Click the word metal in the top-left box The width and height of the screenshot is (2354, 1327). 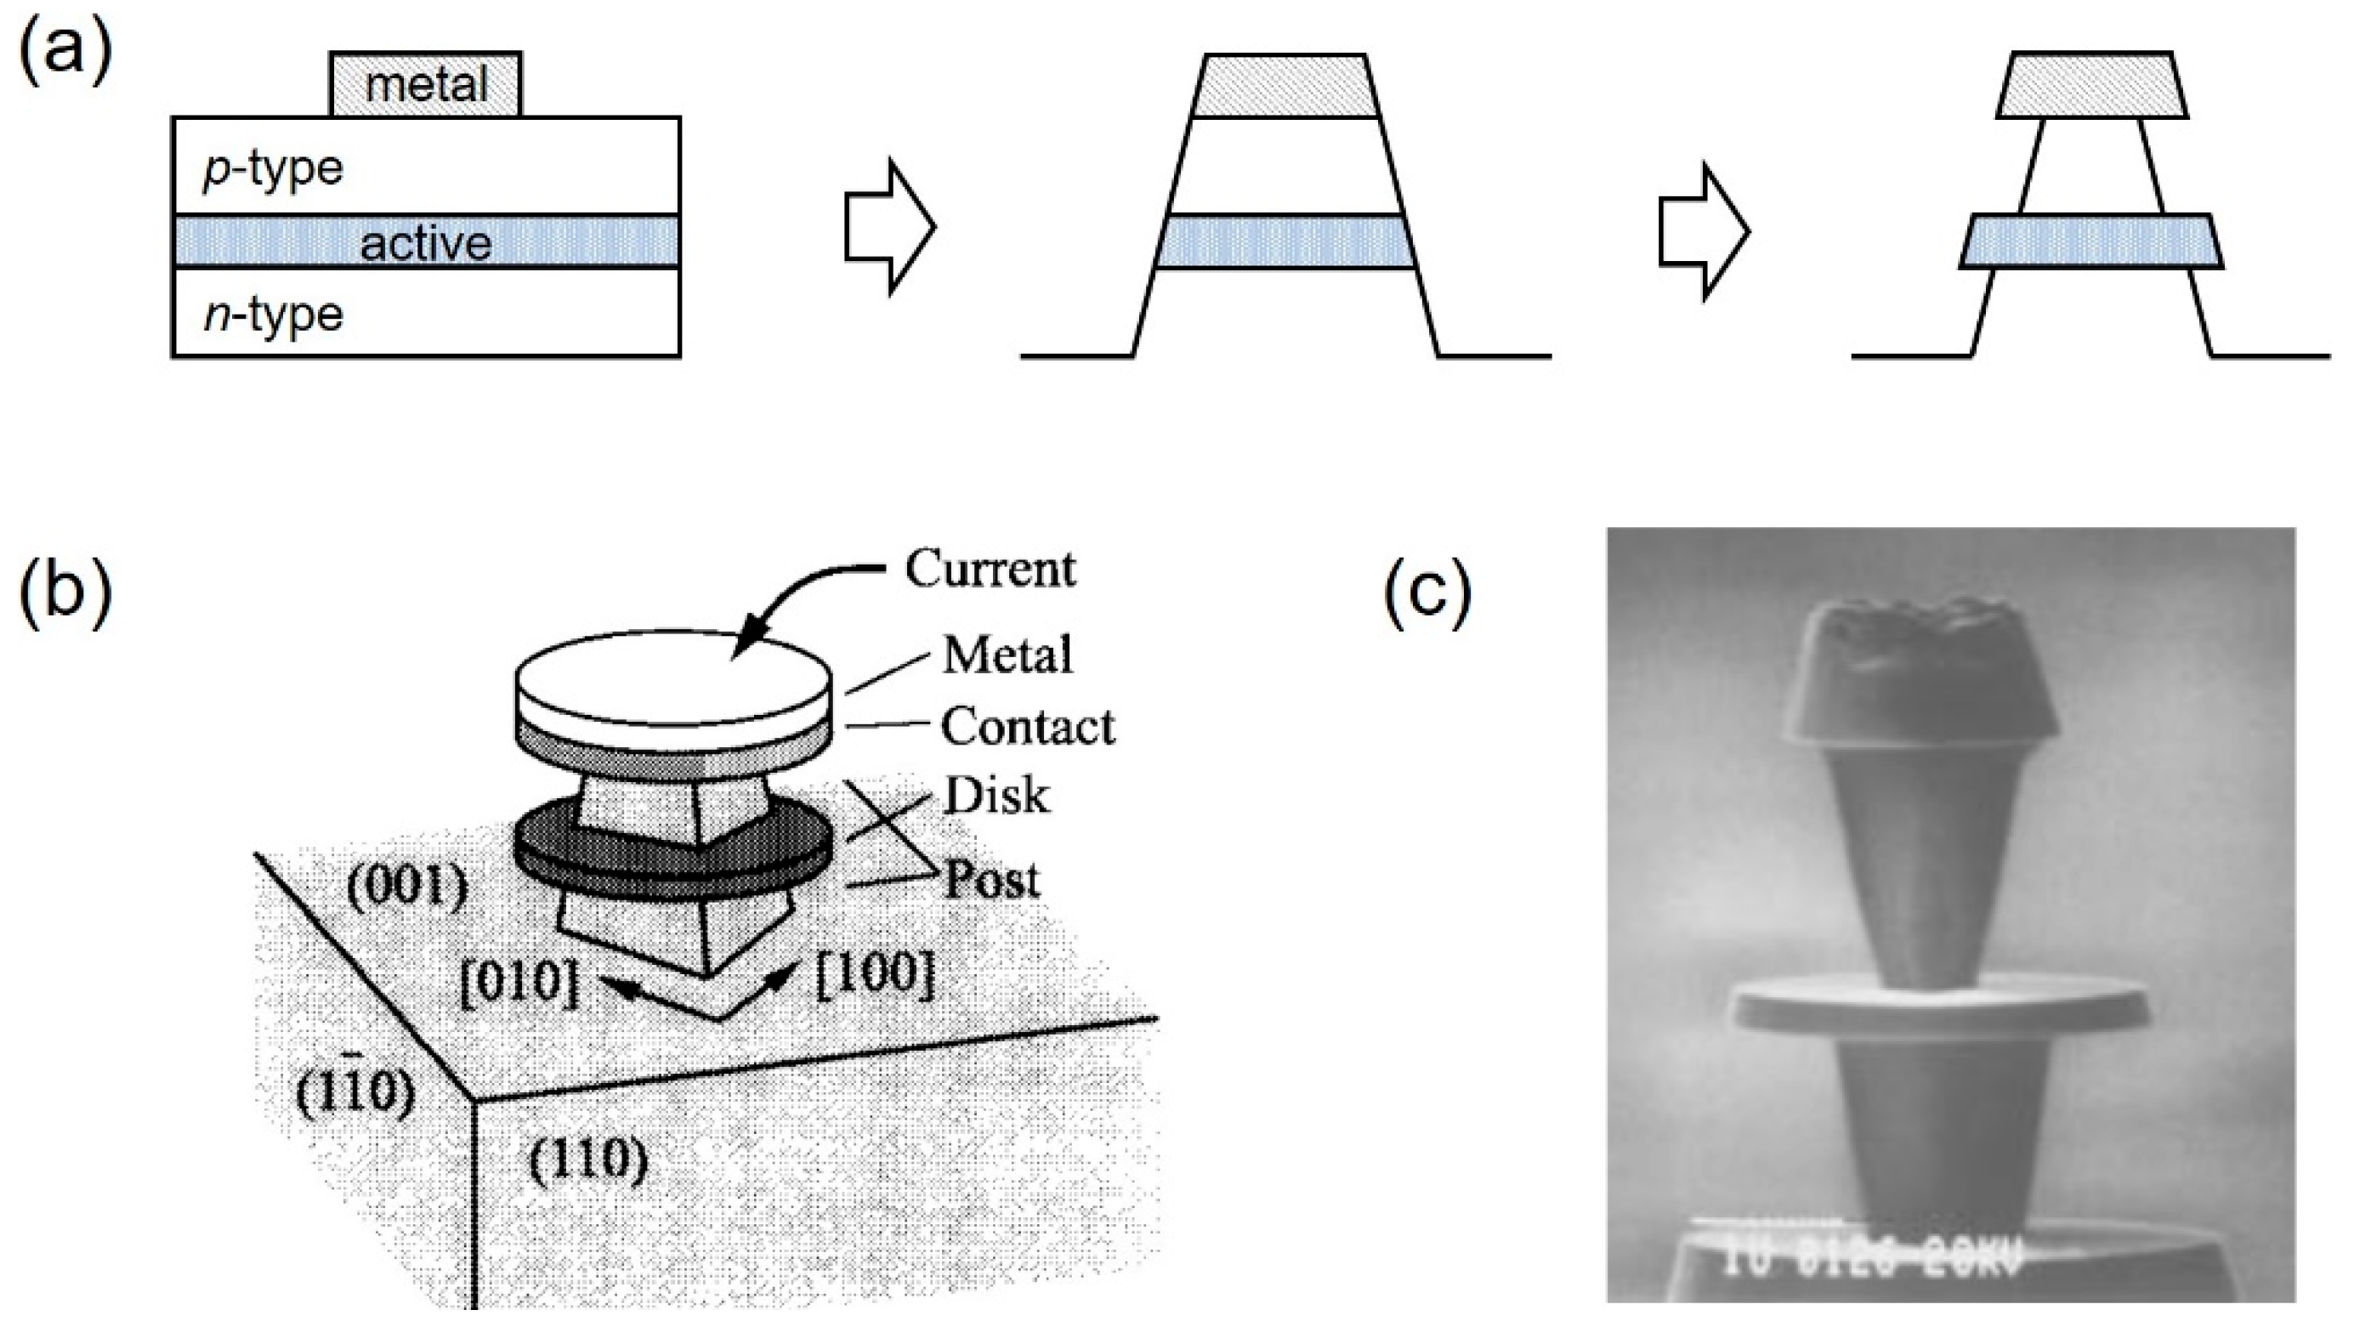(426, 86)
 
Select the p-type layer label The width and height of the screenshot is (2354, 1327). (272, 169)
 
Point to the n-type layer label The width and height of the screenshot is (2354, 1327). (272, 315)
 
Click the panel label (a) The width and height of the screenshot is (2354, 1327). (65, 53)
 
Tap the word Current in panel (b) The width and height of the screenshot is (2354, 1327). (990, 569)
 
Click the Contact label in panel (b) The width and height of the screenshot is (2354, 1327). (1027, 727)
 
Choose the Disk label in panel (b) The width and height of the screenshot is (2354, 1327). (996, 796)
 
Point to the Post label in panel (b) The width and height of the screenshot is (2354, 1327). (991, 880)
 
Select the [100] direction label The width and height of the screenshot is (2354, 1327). (874, 975)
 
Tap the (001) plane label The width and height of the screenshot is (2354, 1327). (407, 886)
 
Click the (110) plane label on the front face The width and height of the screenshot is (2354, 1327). (588, 1160)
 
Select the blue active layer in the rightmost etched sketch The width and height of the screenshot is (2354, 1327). (2090, 241)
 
